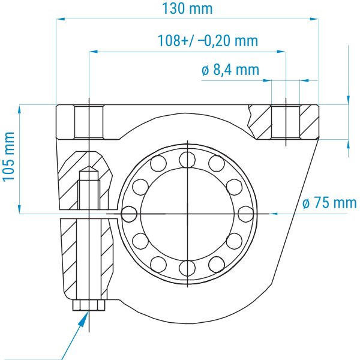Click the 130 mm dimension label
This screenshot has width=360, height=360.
point(187,8)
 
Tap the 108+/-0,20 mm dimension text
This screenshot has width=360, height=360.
point(208,41)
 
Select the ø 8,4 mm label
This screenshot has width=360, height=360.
point(230,70)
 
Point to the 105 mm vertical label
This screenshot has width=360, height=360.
point(8,157)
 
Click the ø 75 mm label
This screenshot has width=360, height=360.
point(329,203)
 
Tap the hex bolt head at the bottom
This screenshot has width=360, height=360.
point(89,305)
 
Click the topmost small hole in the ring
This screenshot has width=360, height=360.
point(187,160)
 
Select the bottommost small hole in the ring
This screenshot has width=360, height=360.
point(187,268)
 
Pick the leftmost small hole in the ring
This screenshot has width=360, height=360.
point(129,214)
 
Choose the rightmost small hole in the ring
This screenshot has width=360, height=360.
point(246,214)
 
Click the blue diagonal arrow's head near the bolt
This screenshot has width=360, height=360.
point(84,318)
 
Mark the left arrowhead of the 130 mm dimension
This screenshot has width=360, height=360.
point(60,19)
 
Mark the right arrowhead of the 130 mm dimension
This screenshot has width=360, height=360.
point(314,19)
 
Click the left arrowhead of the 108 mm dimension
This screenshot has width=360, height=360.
point(94,52)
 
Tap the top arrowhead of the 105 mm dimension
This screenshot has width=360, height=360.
point(19,110)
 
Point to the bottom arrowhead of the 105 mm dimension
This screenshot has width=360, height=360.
point(19,209)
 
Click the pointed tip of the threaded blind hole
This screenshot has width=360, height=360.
point(89,166)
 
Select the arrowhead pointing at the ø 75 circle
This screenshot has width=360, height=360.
point(273,214)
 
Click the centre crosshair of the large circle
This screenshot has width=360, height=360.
point(188,214)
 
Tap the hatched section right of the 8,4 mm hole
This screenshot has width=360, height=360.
point(309,122)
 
